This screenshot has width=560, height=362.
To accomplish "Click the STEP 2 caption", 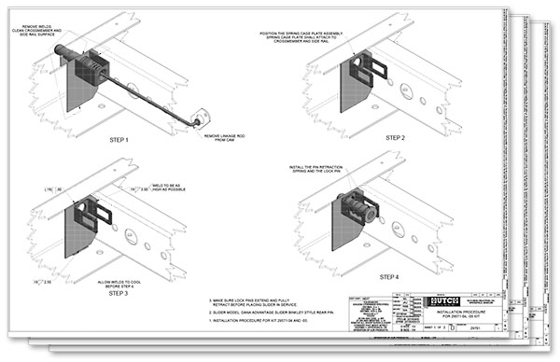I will (x=396, y=137).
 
